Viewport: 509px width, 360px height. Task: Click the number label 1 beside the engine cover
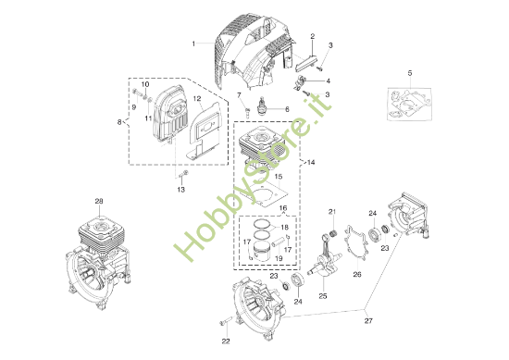193,43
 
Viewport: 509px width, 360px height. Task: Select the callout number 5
408,71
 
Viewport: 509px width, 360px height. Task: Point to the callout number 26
356,274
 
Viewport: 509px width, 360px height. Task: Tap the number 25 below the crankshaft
323,296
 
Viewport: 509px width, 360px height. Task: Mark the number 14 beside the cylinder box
310,162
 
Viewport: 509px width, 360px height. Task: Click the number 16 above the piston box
283,208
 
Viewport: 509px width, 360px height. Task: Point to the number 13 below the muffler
181,190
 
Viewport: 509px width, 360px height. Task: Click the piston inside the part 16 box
268,245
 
